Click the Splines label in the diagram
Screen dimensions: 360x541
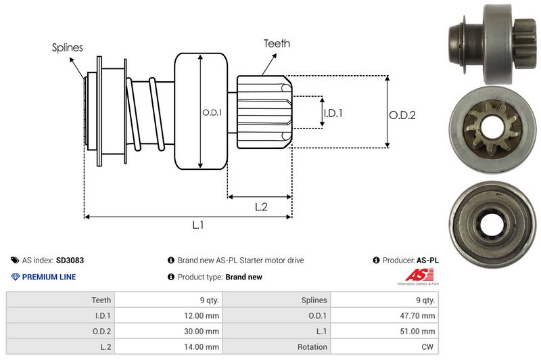pyautogui.click(x=67, y=47)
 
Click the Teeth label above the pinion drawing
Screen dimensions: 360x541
pyautogui.click(x=277, y=44)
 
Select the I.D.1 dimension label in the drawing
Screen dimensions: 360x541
pyautogui.click(x=333, y=113)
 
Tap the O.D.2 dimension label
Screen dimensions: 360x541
pyautogui.click(x=402, y=116)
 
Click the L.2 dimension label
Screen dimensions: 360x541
pyautogui.click(x=262, y=208)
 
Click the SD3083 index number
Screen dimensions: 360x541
pyautogui.click(x=70, y=260)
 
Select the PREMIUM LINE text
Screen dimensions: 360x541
pyautogui.click(x=49, y=277)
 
